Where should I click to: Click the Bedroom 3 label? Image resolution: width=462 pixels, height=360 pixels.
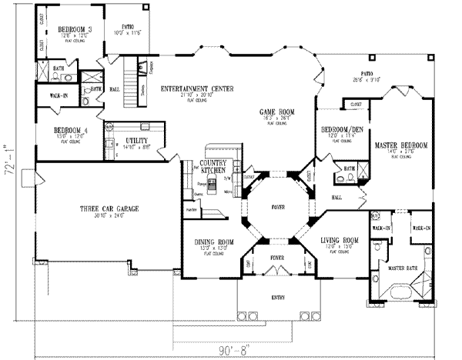tap(74, 31)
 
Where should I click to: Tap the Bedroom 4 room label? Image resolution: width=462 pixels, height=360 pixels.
tap(69, 131)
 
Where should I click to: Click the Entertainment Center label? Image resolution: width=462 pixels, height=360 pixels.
tap(194, 89)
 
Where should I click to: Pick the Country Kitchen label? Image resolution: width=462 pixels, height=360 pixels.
tap(210, 166)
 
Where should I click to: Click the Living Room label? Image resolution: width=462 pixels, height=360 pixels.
tap(340, 242)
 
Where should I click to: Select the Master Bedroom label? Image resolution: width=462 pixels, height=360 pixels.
tap(400, 145)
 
